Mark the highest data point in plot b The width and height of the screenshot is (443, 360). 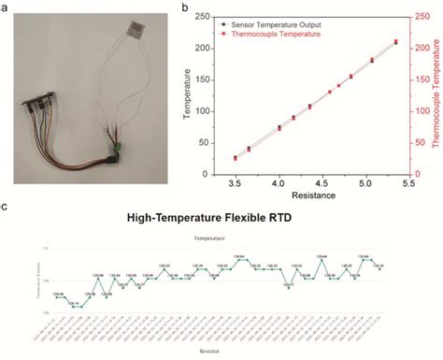tap(395, 41)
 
